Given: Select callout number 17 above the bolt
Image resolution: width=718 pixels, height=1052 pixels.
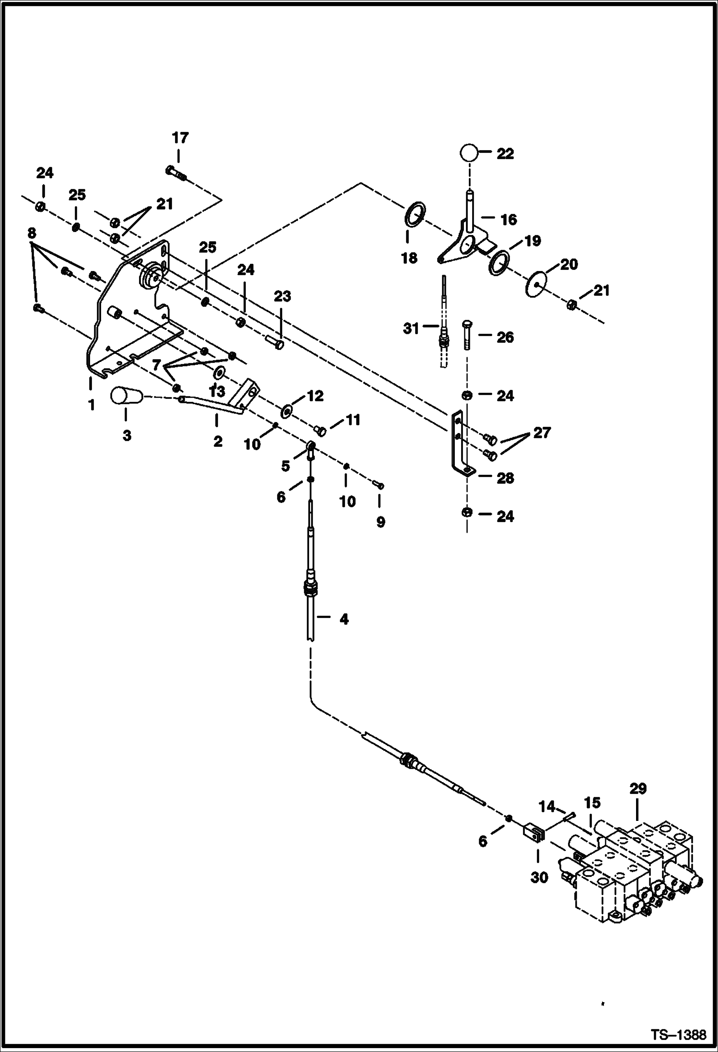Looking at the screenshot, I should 180,138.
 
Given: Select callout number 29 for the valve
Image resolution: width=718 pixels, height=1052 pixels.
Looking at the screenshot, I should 638,789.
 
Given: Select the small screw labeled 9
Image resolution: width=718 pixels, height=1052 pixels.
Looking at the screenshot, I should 379,485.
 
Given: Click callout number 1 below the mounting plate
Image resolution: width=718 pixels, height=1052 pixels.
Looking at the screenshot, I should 91,405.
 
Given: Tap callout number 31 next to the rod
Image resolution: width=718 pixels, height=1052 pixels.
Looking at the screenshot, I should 411,329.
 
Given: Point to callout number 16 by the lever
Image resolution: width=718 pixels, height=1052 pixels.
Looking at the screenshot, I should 508,220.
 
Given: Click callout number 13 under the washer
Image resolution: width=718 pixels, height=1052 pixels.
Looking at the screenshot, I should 217,391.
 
